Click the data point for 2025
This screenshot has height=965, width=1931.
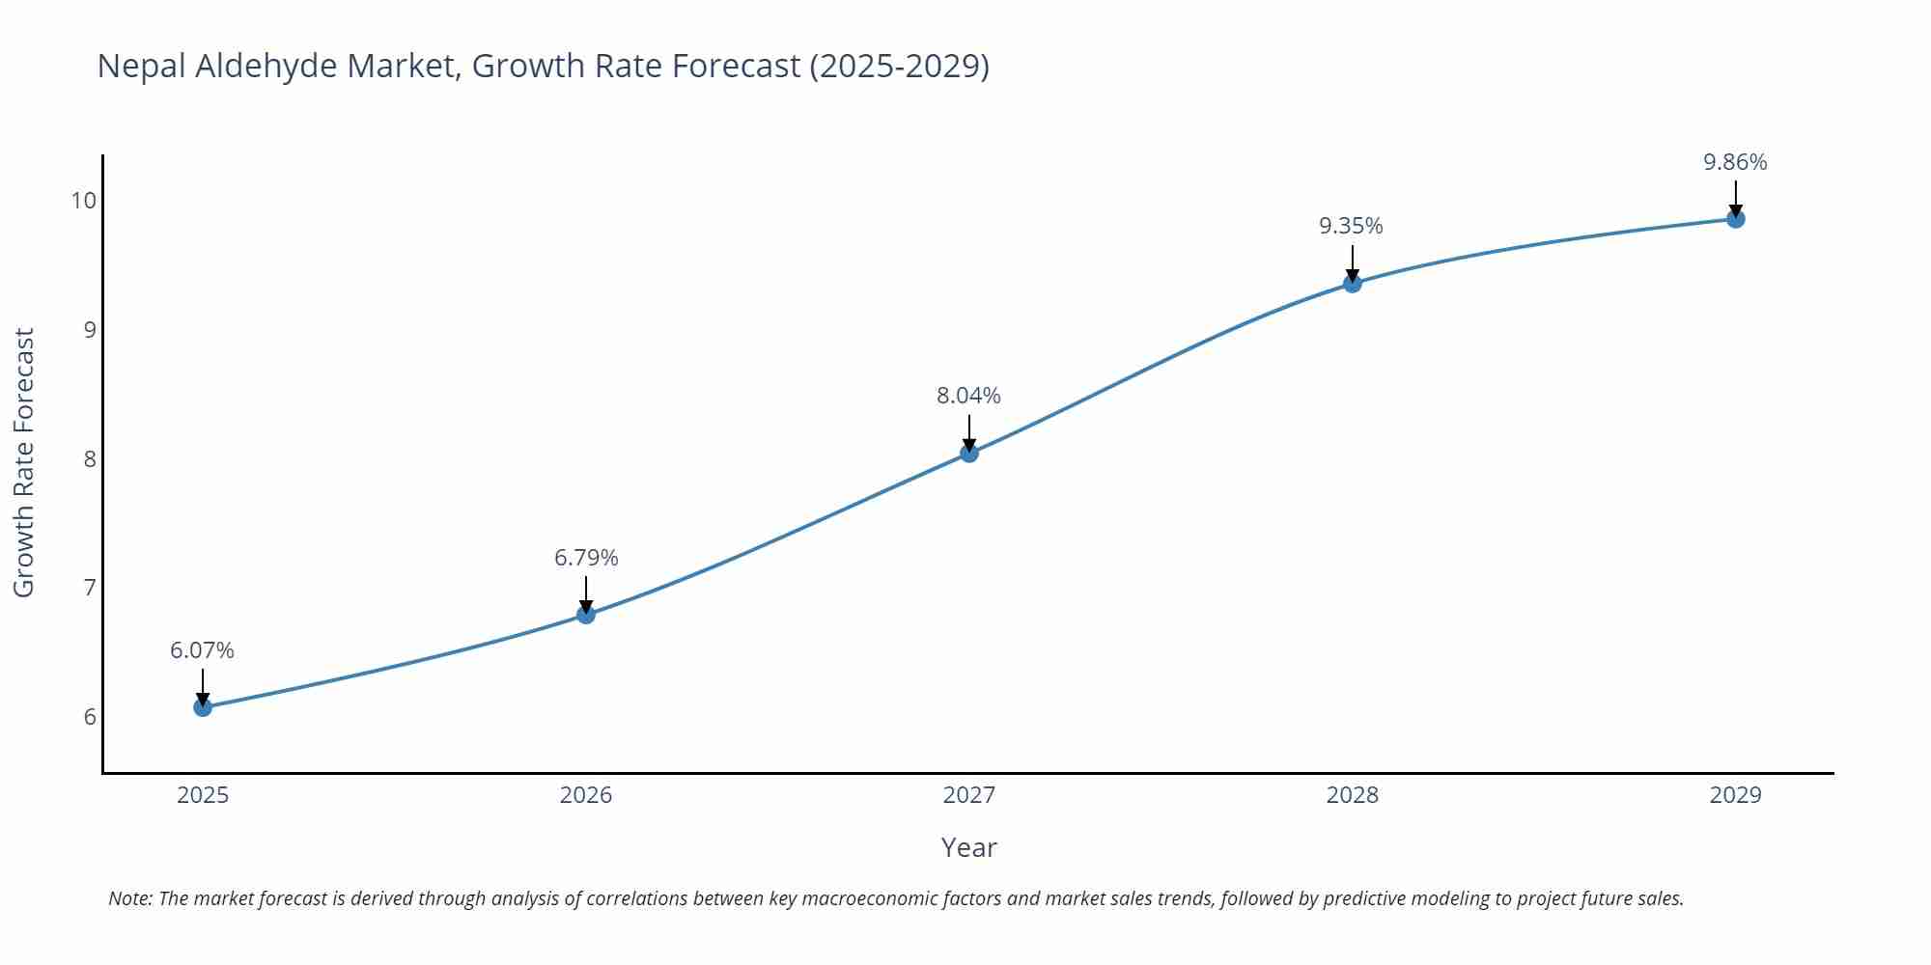[x=203, y=707]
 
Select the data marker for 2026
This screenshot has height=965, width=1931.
[x=586, y=615]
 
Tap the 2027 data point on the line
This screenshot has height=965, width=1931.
[x=969, y=453]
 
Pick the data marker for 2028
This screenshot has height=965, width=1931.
[x=1353, y=283]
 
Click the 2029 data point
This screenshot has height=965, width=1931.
[x=1735, y=219]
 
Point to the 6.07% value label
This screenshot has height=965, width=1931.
[x=203, y=650]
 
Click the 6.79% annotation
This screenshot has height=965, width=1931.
[x=586, y=558]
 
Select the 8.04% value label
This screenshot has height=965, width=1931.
[x=968, y=396]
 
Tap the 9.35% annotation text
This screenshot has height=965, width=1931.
[x=1351, y=226]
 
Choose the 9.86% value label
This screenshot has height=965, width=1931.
[x=1735, y=162]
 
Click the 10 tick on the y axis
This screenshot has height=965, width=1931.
[x=84, y=201]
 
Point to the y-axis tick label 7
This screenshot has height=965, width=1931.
[x=90, y=588]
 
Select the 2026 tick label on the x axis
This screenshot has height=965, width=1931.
[x=586, y=795]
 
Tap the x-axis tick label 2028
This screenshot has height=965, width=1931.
[x=1352, y=795]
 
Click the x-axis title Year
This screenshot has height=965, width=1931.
[x=968, y=847]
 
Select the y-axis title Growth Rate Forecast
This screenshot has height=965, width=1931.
[x=24, y=463]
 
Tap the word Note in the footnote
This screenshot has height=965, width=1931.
[x=129, y=898]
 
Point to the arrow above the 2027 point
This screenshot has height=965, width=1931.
[x=969, y=432]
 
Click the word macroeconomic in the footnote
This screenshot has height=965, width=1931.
[x=870, y=898]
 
